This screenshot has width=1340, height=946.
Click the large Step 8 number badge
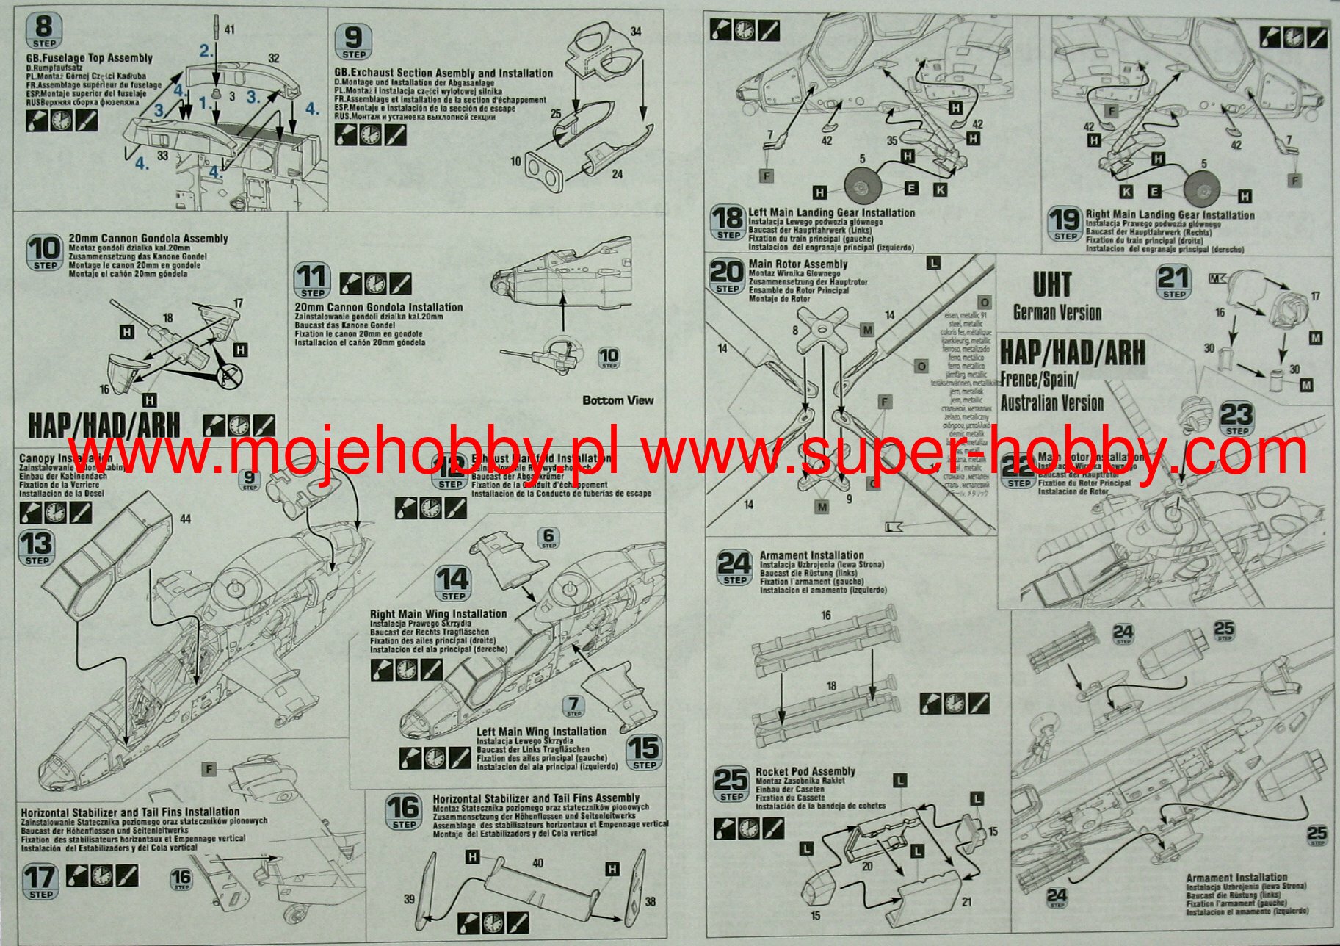[44, 32]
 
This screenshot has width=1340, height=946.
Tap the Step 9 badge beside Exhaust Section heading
[353, 42]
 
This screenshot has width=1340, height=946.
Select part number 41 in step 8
[229, 29]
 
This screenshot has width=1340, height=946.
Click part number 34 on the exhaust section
[636, 32]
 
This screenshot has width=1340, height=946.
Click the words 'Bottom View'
[618, 400]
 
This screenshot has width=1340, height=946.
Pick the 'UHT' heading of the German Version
[1051, 285]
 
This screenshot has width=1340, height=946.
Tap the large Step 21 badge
[1173, 281]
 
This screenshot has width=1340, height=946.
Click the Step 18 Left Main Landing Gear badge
[728, 223]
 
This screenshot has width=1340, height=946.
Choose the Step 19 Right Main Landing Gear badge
[1065, 223]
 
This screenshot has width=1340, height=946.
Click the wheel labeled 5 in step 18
[862, 188]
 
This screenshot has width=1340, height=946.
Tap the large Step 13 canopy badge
[37, 548]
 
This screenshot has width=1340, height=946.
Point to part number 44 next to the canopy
[185, 519]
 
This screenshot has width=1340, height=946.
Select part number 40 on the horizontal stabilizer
[537, 863]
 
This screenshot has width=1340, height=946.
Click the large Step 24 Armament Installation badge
[734, 568]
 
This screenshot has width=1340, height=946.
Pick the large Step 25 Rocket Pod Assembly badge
[731, 784]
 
